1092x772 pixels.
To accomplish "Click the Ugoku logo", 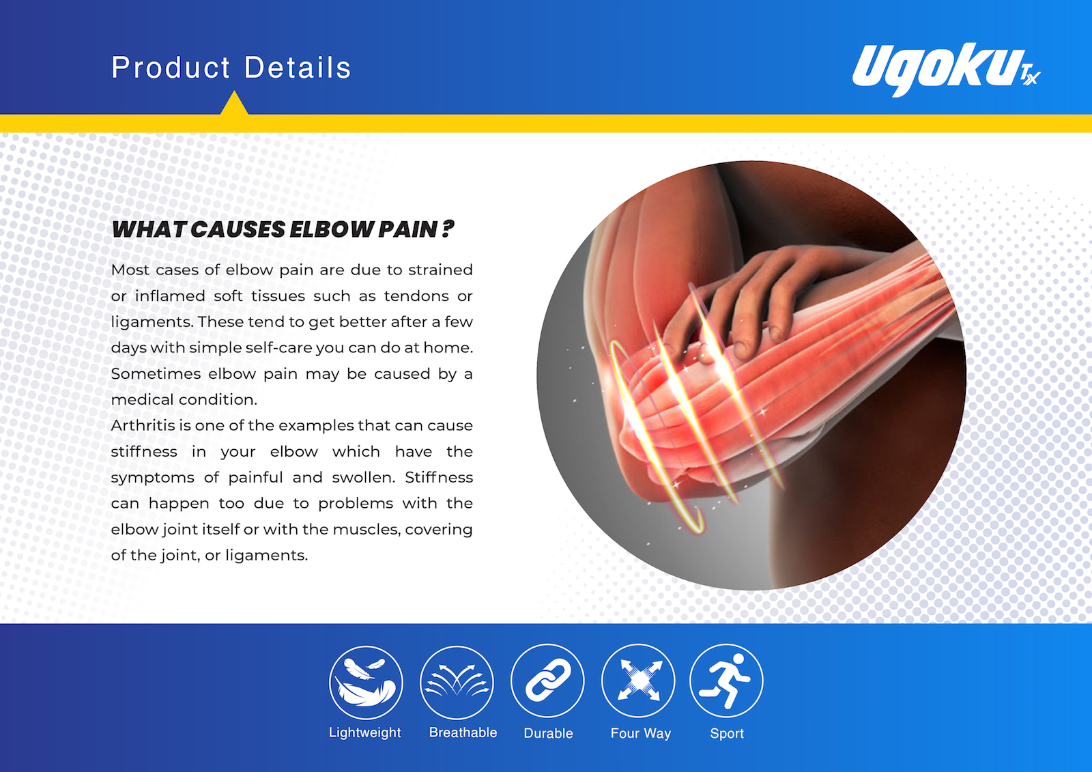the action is [x=946, y=70].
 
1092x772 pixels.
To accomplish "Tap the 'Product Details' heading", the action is [x=231, y=68].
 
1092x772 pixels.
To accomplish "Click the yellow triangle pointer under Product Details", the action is [x=234, y=102].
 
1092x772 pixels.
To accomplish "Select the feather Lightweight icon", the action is [x=366, y=683].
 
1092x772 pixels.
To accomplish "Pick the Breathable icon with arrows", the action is [x=457, y=683].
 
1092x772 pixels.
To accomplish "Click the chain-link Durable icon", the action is [x=547, y=681].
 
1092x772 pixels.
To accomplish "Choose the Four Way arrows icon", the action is [x=639, y=681].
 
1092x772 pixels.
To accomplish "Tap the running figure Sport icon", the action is [x=726, y=681].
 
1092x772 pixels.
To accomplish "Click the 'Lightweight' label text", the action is [x=364, y=733].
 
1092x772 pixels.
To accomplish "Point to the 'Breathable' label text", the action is [x=463, y=732].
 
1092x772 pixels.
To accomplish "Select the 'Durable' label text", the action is [x=549, y=734].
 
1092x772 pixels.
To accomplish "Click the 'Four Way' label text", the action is [x=641, y=734].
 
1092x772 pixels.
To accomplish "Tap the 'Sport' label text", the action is [x=727, y=734].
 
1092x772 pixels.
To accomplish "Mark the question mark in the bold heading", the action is [x=448, y=229].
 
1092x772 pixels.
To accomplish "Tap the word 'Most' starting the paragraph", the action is [x=130, y=270].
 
